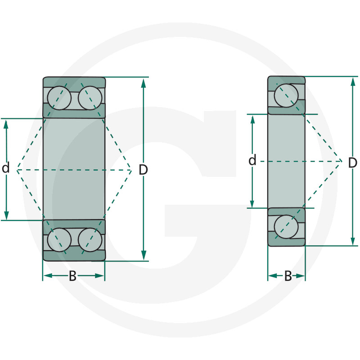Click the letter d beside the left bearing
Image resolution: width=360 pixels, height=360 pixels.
6,169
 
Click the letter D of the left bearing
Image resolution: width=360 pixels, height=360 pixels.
143,170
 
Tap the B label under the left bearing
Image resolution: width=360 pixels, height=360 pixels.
72,276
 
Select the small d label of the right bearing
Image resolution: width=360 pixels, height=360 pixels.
252,160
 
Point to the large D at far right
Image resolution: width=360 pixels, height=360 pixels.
352,162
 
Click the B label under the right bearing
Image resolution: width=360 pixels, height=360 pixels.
288,276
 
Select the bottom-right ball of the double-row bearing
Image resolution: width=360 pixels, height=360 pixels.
90,240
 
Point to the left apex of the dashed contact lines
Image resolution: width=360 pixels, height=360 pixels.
18,170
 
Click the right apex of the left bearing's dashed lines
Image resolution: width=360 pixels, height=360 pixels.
131,170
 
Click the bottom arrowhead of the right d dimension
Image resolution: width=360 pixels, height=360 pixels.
252,203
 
